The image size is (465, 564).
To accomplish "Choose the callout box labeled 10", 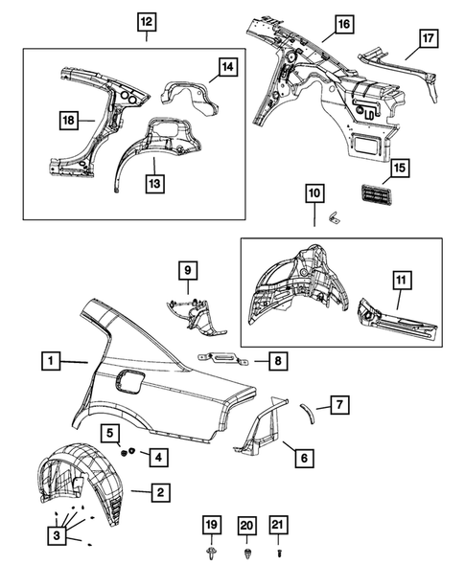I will pyautogui.click(x=314, y=192).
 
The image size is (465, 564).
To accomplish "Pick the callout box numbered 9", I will pyautogui.click(x=188, y=271).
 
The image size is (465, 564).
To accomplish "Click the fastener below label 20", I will pyautogui.click(x=248, y=553).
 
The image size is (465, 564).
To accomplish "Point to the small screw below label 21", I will pyautogui.click(x=280, y=553).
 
